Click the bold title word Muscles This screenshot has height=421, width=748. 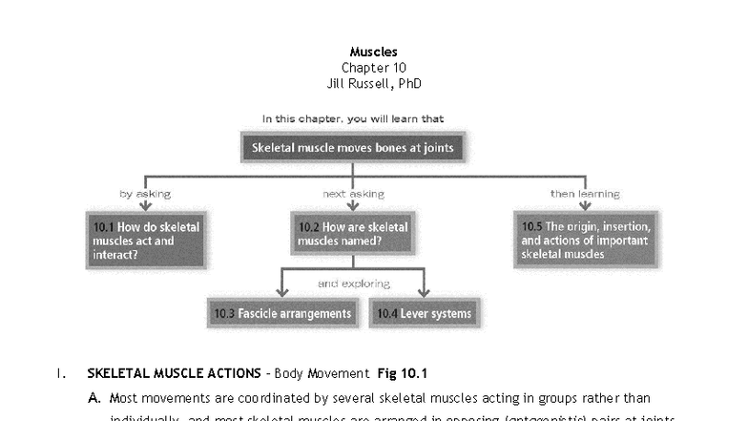(x=373, y=52)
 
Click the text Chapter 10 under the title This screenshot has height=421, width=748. (x=373, y=68)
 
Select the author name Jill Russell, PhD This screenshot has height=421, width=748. (x=373, y=84)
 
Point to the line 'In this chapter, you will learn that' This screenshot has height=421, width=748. (x=353, y=118)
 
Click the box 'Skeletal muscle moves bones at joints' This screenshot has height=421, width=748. (x=352, y=148)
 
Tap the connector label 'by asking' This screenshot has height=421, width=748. (x=145, y=194)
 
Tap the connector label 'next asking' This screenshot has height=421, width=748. (x=353, y=194)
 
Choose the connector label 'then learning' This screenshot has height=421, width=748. (x=584, y=194)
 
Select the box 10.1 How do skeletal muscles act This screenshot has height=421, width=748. (x=145, y=241)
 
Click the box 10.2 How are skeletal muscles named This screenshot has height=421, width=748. (x=352, y=235)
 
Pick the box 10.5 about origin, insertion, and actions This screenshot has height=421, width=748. (x=585, y=240)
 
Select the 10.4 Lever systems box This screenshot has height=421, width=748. (x=424, y=313)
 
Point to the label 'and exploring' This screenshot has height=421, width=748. (x=353, y=284)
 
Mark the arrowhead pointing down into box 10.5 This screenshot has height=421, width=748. (x=585, y=206)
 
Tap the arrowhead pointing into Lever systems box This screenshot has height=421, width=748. (x=424, y=292)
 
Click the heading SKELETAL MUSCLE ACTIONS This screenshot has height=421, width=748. (x=174, y=373)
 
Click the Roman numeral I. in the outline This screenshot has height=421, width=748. (x=61, y=373)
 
